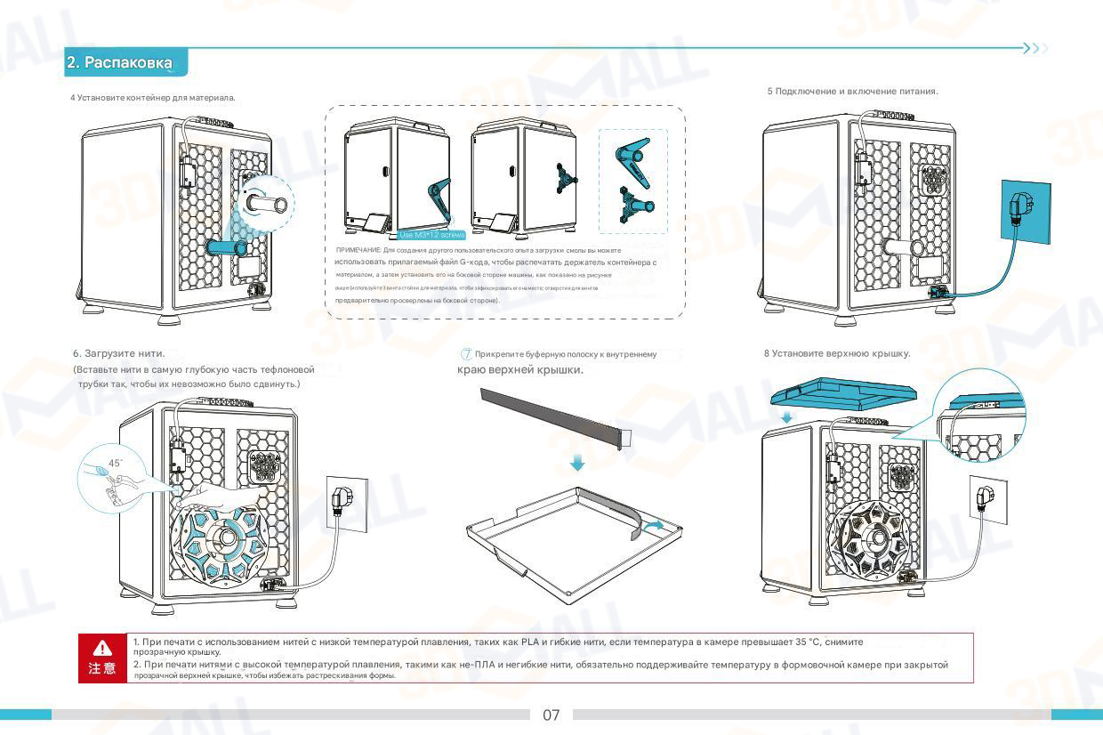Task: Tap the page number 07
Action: (x=551, y=715)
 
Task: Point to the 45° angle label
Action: (x=115, y=463)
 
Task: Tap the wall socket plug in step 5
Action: (x=1016, y=211)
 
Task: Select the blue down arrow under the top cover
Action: (x=785, y=417)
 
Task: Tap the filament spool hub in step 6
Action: (x=228, y=539)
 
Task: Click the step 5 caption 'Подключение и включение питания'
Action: (x=852, y=92)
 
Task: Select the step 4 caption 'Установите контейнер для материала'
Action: (x=153, y=97)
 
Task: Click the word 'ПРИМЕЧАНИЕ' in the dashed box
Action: (x=358, y=251)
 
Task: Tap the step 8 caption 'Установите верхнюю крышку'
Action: (x=837, y=353)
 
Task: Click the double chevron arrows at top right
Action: (x=1035, y=48)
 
